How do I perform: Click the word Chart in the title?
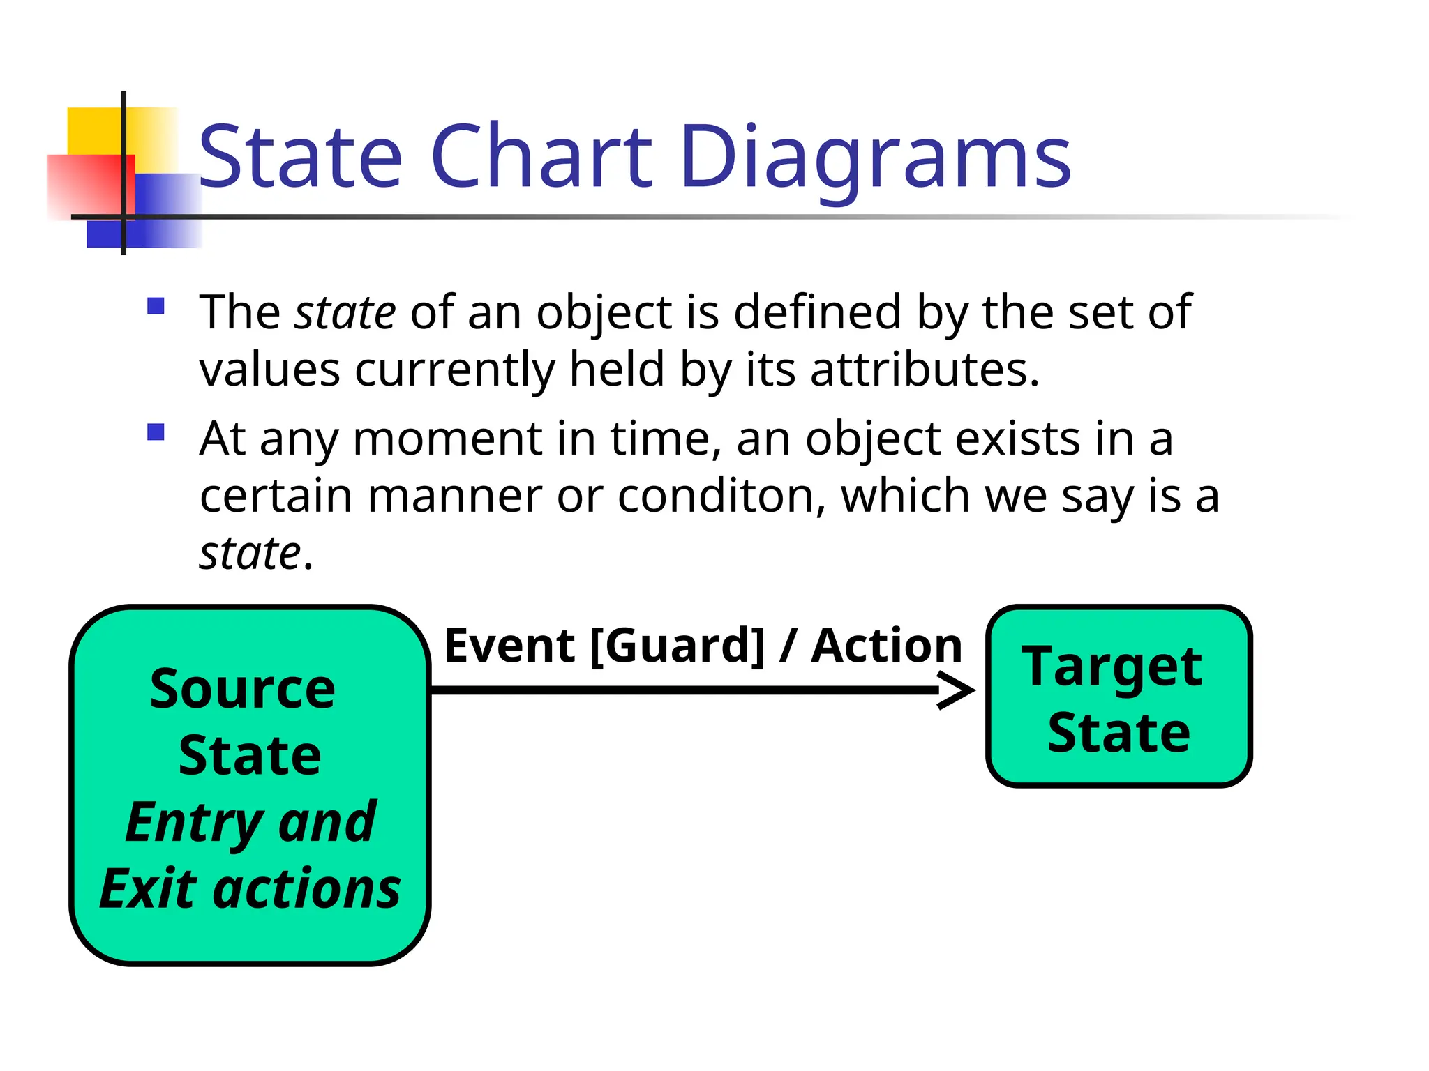[x=541, y=157]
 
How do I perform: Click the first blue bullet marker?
[x=156, y=307]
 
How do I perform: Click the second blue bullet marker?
[x=156, y=433]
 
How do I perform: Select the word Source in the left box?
[x=243, y=689]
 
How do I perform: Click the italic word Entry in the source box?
[x=193, y=823]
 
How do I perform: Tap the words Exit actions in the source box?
[x=250, y=889]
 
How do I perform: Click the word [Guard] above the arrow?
[x=677, y=646]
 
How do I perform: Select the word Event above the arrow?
[x=509, y=646]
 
